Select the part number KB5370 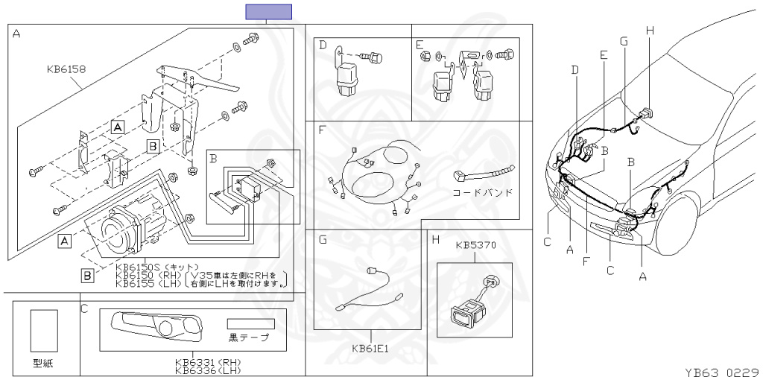click(475, 244)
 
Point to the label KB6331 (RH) click(208, 362)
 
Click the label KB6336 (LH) click(208, 370)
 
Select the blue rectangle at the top click(269, 11)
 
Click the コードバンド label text click(483, 192)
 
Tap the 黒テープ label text click(250, 338)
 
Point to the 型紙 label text click(44, 364)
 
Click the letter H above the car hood click(649, 30)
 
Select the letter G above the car click(623, 40)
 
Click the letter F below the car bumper click(587, 262)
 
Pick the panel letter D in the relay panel click(323, 45)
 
